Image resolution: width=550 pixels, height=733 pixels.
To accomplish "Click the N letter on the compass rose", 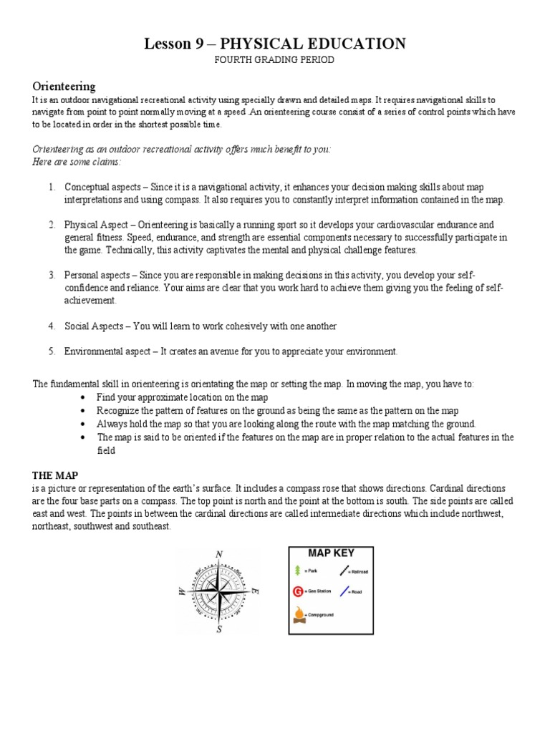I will tap(219, 554).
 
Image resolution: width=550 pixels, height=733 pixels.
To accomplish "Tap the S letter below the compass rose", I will tap(219, 630).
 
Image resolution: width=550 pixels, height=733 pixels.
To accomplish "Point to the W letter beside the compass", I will tap(180, 592).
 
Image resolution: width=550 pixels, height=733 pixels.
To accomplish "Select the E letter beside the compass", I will tap(255, 591).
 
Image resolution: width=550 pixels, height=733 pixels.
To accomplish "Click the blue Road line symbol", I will tap(345, 591).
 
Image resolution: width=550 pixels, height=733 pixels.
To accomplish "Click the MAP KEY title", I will tap(331, 553).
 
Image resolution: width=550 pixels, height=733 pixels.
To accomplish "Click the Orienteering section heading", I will tap(64, 87).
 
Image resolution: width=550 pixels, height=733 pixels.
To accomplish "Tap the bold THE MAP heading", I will tap(55, 475).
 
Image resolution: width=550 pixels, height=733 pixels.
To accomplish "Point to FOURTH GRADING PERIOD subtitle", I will tap(275, 59).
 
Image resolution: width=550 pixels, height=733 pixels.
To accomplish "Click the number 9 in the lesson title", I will tap(199, 44).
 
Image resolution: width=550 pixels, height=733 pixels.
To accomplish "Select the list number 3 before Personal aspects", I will tap(52, 275).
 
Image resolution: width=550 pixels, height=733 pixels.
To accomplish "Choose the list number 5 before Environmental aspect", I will tap(52, 351).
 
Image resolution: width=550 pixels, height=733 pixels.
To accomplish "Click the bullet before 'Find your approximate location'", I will tap(84, 397).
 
